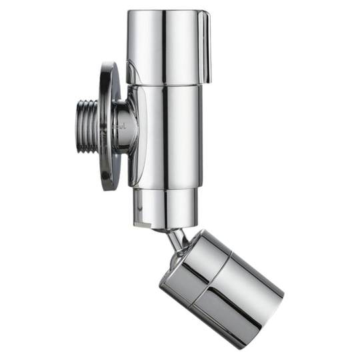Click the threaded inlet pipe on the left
[x=87, y=127]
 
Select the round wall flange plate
[x=110, y=127]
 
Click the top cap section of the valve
[x=167, y=47]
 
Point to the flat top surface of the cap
[x=167, y=12]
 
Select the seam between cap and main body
[x=167, y=85]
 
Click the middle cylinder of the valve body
[x=167, y=133]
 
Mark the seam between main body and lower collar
[x=167, y=187]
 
